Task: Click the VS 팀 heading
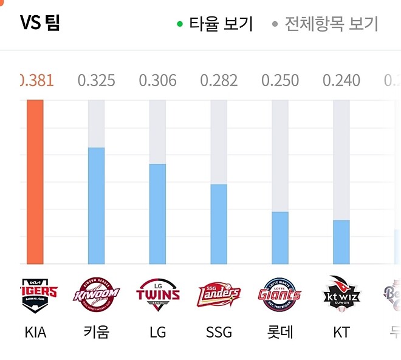(x=40, y=23)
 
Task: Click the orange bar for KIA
(x=35, y=182)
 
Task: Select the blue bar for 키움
(x=96, y=206)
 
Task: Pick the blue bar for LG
(x=157, y=214)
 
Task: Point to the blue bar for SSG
(x=219, y=225)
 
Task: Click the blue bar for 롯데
(x=280, y=238)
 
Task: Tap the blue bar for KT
(x=341, y=242)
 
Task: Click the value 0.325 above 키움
(x=96, y=81)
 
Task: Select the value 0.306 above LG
(x=157, y=81)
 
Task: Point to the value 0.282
(x=219, y=81)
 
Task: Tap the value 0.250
(x=280, y=81)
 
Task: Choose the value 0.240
(x=341, y=81)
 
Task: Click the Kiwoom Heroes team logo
(x=96, y=295)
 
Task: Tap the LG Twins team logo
(x=157, y=295)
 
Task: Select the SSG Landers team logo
(x=219, y=295)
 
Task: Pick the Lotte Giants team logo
(x=280, y=295)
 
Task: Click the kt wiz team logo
(x=341, y=295)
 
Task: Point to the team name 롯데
(x=280, y=333)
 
